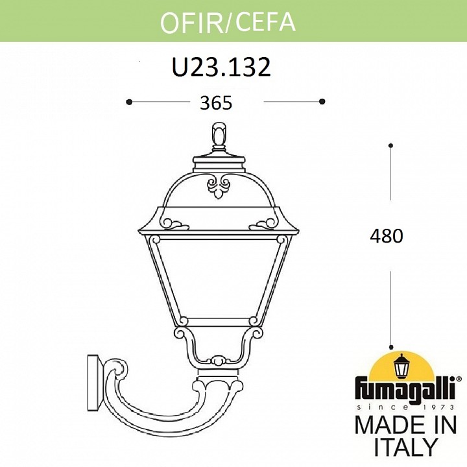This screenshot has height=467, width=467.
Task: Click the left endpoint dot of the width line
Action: (130, 101)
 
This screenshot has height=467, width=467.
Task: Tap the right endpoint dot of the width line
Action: (322, 101)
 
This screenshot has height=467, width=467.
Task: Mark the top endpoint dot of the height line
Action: (391, 145)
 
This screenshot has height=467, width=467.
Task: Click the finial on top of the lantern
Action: (218, 137)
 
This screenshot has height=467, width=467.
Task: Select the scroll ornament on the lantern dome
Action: (218, 186)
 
